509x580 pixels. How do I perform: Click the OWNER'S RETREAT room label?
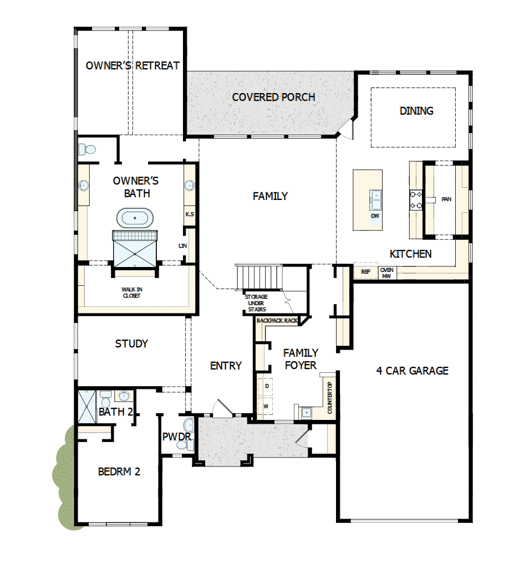(x=133, y=65)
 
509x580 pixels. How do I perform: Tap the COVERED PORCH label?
(x=273, y=97)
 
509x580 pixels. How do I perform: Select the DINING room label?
(x=416, y=111)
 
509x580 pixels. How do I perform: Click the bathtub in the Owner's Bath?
(x=135, y=218)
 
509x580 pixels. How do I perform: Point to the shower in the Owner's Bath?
(x=135, y=250)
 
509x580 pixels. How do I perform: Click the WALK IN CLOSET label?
(x=131, y=292)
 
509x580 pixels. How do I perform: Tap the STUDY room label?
(x=131, y=343)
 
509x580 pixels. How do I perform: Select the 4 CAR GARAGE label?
(x=412, y=371)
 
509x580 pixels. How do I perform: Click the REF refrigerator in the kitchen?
(x=365, y=271)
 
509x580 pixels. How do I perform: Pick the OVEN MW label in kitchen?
(x=386, y=273)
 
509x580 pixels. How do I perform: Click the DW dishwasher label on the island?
(x=375, y=215)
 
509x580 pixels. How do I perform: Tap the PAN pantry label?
(x=446, y=199)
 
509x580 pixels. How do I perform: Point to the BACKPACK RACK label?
(x=277, y=321)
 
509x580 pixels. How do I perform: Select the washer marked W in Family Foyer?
(x=266, y=406)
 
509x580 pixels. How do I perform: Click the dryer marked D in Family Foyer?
(x=266, y=385)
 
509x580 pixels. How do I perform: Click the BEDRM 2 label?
(x=119, y=471)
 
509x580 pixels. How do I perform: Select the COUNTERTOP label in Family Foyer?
(x=329, y=398)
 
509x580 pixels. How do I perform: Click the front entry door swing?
(x=222, y=409)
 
